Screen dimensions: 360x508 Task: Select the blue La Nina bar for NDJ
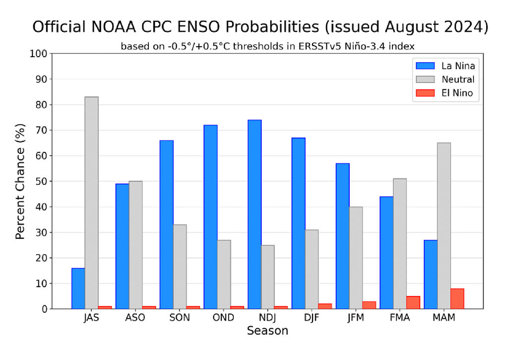pos(254,214)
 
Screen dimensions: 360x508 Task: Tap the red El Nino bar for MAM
pos(457,298)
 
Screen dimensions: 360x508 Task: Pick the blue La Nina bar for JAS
pos(78,288)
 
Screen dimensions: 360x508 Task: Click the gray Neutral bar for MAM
pos(444,225)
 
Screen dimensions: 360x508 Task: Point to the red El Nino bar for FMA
pos(413,302)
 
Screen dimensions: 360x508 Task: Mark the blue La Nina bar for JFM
pos(342,236)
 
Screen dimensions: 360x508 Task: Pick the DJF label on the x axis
pos(312,318)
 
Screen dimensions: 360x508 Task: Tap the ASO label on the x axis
pos(135,318)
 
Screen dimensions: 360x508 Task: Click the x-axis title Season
pos(267,331)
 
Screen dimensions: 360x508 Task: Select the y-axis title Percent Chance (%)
pos(20,181)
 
